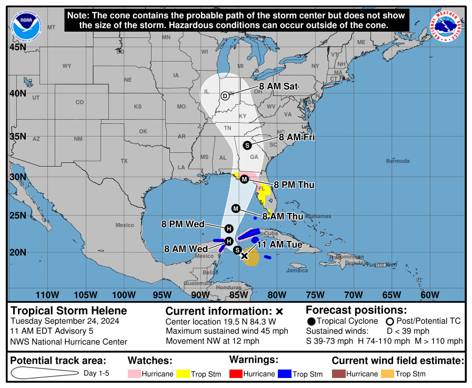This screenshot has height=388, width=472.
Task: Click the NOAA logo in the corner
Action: (x=26, y=26)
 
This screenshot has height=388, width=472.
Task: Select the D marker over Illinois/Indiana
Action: (x=225, y=95)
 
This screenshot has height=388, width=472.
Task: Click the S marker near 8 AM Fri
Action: (x=247, y=145)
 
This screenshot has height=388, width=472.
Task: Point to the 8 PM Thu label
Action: (x=294, y=185)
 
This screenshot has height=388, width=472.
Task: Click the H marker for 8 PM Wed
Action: (x=228, y=228)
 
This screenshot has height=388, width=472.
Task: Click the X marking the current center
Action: (x=244, y=256)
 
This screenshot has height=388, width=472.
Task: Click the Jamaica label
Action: (x=297, y=270)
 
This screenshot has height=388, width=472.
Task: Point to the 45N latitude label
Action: (x=18, y=47)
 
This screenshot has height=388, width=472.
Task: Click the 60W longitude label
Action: (x=430, y=295)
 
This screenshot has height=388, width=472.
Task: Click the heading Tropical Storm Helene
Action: (x=69, y=311)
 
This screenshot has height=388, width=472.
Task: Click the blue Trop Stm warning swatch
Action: (x=285, y=374)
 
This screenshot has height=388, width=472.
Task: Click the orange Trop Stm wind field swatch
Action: (x=387, y=374)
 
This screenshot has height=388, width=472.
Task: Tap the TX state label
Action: (x=124, y=160)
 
